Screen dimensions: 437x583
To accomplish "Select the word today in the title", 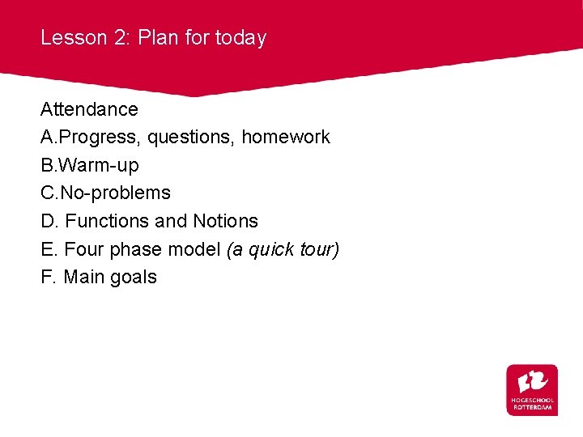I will click(240, 37).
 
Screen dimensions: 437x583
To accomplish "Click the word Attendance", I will click(89, 109).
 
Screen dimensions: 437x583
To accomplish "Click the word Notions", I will click(225, 221).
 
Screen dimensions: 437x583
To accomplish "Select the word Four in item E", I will click(82, 249).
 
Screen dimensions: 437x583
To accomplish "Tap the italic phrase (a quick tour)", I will click(283, 249).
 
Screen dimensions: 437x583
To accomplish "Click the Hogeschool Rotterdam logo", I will click(532, 390).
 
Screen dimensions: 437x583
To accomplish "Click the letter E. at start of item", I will click(48, 249).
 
